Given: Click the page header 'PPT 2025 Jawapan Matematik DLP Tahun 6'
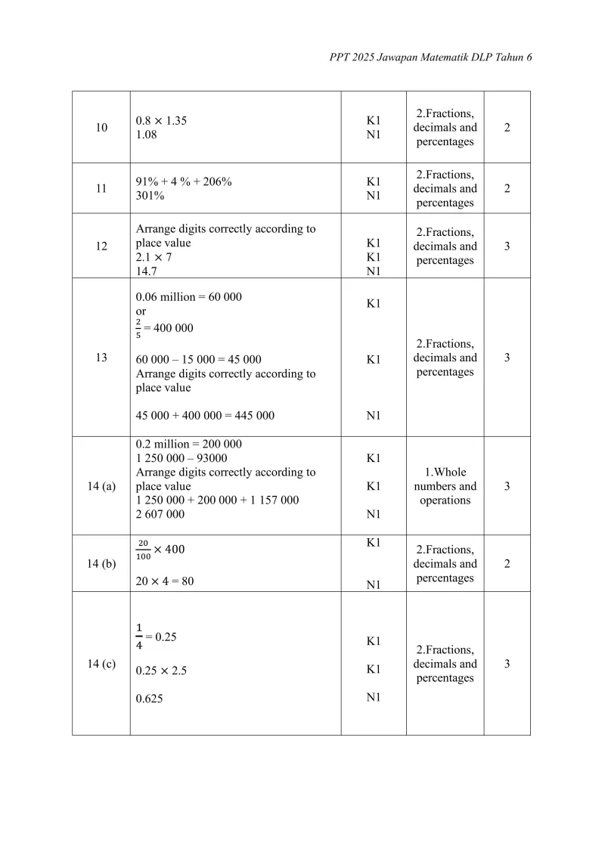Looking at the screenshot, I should pyautogui.click(x=431, y=57).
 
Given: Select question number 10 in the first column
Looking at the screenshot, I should pyautogui.click(x=101, y=128).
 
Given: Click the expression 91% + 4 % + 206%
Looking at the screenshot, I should pyautogui.click(x=184, y=182).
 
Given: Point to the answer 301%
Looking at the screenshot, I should pyautogui.click(x=150, y=196).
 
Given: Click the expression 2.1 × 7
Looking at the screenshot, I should pyautogui.click(x=154, y=257).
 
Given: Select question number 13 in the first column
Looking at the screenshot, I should pyautogui.click(x=101, y=358).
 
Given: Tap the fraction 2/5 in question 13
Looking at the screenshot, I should pyautogui.click(x=139, y=328).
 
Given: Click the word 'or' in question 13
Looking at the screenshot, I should pyautogui.click(x=141, y=311).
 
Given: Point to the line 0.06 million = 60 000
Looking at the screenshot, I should pyautogui.click(x=188, y=297).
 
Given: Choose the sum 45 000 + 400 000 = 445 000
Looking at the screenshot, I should pyautogui.click(x=205, y=415).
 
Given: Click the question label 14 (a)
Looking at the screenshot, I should pyautogui.click(x=101, y=486).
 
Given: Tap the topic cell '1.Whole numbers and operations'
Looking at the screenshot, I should pyautogui.click(x=445, y=486).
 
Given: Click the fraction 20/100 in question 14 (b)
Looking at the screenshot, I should pyautogui.click(x=142, y=550).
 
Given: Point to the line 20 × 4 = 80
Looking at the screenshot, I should pyautogui.click(x=165, y=581).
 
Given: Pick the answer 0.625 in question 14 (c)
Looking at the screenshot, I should pyautogui.click(x=149, y=699).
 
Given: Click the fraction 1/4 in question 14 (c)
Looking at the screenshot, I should pyautogui.click(x=139, y=636).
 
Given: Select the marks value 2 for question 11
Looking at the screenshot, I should pyautogui.click(x=507, y=188).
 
